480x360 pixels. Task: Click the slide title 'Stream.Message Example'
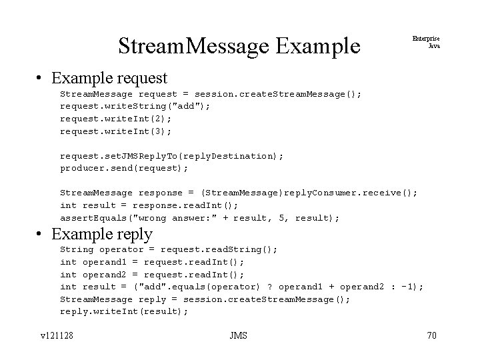[239, 46]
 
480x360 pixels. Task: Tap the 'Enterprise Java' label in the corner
[430, 42]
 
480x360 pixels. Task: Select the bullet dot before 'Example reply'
[41, 235]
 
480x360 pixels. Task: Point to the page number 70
[431, 335]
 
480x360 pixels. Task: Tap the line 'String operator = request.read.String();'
[169, 249]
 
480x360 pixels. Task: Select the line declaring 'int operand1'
[153, 262]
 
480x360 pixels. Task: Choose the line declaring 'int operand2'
[153, 274]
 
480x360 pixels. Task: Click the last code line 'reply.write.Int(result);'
[125, 311]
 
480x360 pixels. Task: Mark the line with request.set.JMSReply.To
[172, 155]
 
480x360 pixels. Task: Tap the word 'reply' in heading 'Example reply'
[135, 235]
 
